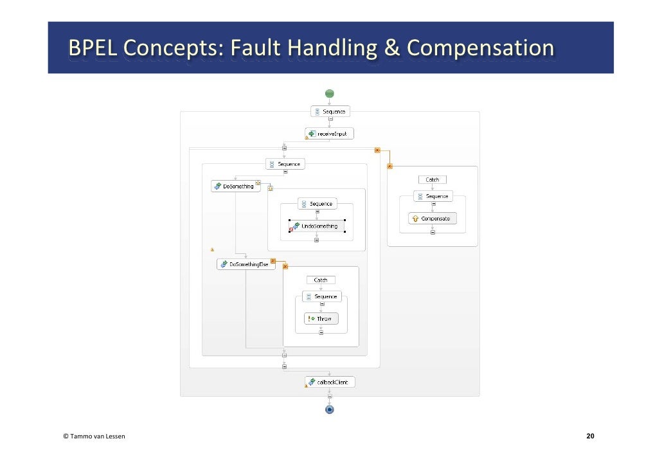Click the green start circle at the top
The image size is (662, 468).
[x=329, y=93]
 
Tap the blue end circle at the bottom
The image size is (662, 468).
[x=329, y=409]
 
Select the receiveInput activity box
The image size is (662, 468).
[x=329, y=134]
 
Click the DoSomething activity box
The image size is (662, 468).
[x=235, y=186]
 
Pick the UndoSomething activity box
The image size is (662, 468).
[x=316, y=226]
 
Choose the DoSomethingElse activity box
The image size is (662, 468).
[x=246, y=264]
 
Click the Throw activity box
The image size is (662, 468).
[x=321, y=319]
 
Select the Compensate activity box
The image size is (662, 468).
[x=432, y=219]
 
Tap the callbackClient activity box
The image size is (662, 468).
[x=329, y=382]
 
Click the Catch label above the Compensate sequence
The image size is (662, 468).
[x=432, y=180]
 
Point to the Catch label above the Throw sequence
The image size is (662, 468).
[x=321, y=280]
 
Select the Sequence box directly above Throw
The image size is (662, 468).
[x=321, y=296]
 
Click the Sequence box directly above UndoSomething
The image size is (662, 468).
[x=316, y=204]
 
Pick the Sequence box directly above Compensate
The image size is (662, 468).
[x=432, y=196]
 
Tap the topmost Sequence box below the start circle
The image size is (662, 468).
[x=329, y=111]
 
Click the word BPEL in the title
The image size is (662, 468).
[x=92, y=48]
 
